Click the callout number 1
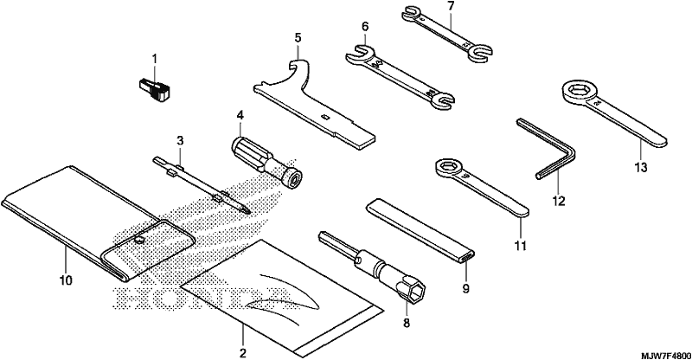click(155, 58)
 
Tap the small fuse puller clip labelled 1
click(155, 88)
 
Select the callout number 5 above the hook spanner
click(298, 38)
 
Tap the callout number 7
click(450, 7)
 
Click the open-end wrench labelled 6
click(400, 75)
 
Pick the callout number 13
click(641, 168)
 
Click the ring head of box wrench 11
click(447, 168)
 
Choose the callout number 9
click(465, 289)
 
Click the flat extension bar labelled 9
click(421, 230)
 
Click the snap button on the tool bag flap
click(139, 240)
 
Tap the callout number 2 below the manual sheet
click(242, 353)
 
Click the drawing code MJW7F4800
click(666, 356)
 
